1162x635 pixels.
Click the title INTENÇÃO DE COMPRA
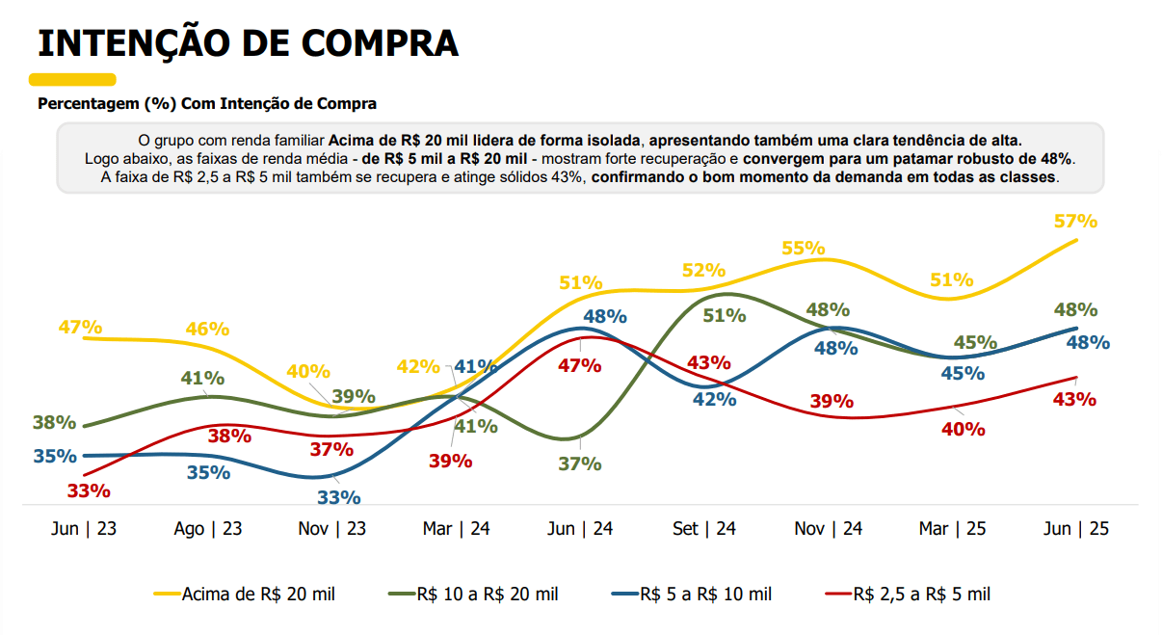[248, 43]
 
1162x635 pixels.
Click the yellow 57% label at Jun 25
[1075, 221]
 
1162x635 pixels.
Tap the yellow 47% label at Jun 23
[81, 327]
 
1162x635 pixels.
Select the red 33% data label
[89, 490]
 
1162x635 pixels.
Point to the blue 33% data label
[339, 497]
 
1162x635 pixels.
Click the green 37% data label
[579, 463]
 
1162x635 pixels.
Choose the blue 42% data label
[714, 399]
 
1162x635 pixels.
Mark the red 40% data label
[963, 429]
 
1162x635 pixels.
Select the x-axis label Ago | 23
[208, 529]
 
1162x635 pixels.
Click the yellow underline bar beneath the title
[72, 80]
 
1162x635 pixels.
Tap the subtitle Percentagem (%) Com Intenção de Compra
[207, 103]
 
